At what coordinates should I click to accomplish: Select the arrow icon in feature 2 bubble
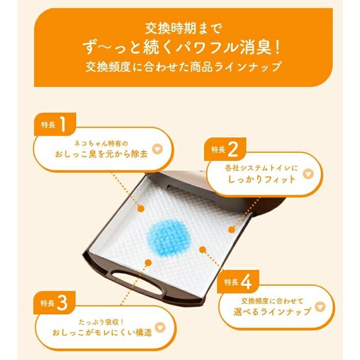coord(307,174)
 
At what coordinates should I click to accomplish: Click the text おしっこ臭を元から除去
coord(98,153)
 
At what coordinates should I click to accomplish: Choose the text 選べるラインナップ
coord(271,312)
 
